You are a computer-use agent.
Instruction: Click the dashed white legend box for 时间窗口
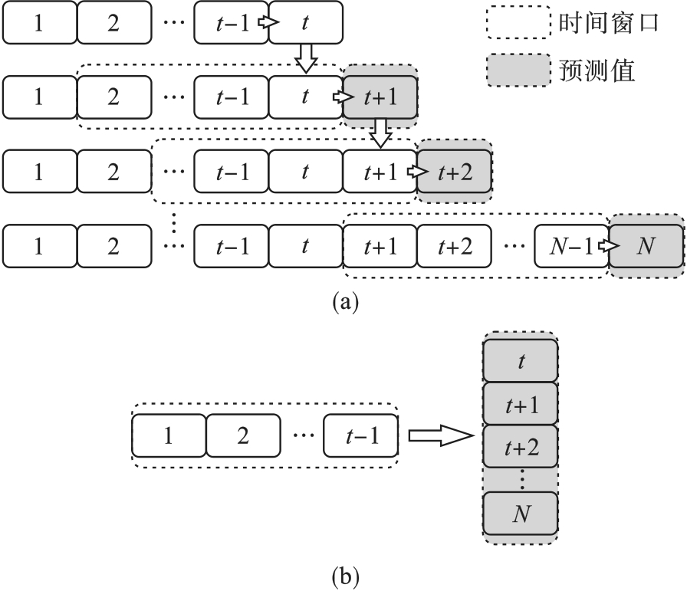[518, 23]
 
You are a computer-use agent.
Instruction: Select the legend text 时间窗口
[606, 23]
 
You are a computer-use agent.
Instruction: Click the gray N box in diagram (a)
[646, 245]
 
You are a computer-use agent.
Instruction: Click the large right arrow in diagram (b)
[438, 435]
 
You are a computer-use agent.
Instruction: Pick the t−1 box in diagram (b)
[360, 435]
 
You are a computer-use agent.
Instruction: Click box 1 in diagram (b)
[169, 435]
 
